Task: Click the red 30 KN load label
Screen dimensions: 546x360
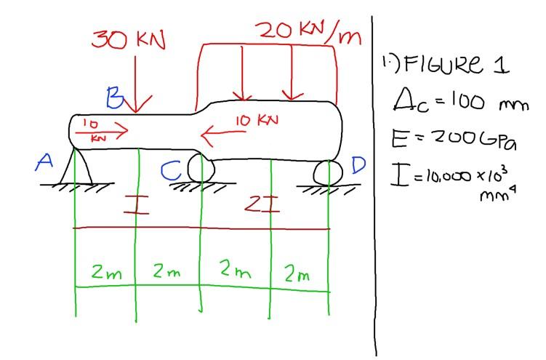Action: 129,40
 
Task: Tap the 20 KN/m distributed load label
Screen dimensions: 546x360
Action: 308,33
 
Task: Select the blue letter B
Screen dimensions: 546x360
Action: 114,97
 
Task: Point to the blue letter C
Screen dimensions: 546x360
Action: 172,172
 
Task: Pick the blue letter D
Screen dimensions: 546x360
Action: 358,166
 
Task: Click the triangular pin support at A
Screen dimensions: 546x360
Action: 76,167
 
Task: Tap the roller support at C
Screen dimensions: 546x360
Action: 201,168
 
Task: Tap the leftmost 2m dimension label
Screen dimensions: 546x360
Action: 106,273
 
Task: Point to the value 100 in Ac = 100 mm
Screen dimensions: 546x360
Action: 457,102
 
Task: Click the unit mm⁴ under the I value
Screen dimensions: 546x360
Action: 491,195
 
